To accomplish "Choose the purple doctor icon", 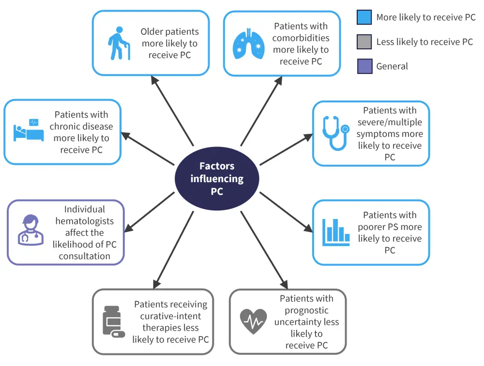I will (x=30, y=230).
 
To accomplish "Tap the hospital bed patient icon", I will (x=28, y=131).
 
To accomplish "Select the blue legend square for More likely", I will (x=364, y=17).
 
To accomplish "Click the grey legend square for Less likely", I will (x=364, y=42).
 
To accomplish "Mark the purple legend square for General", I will (x=364, y=66).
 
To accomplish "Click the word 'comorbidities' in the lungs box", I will (x=301, y=38).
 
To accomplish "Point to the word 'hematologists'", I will (x=84, y=221).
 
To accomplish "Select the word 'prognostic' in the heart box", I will (x=306, y=310).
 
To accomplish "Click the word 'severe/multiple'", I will (x=390, y=122).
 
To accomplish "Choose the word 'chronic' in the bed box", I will (x=68, y=127).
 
